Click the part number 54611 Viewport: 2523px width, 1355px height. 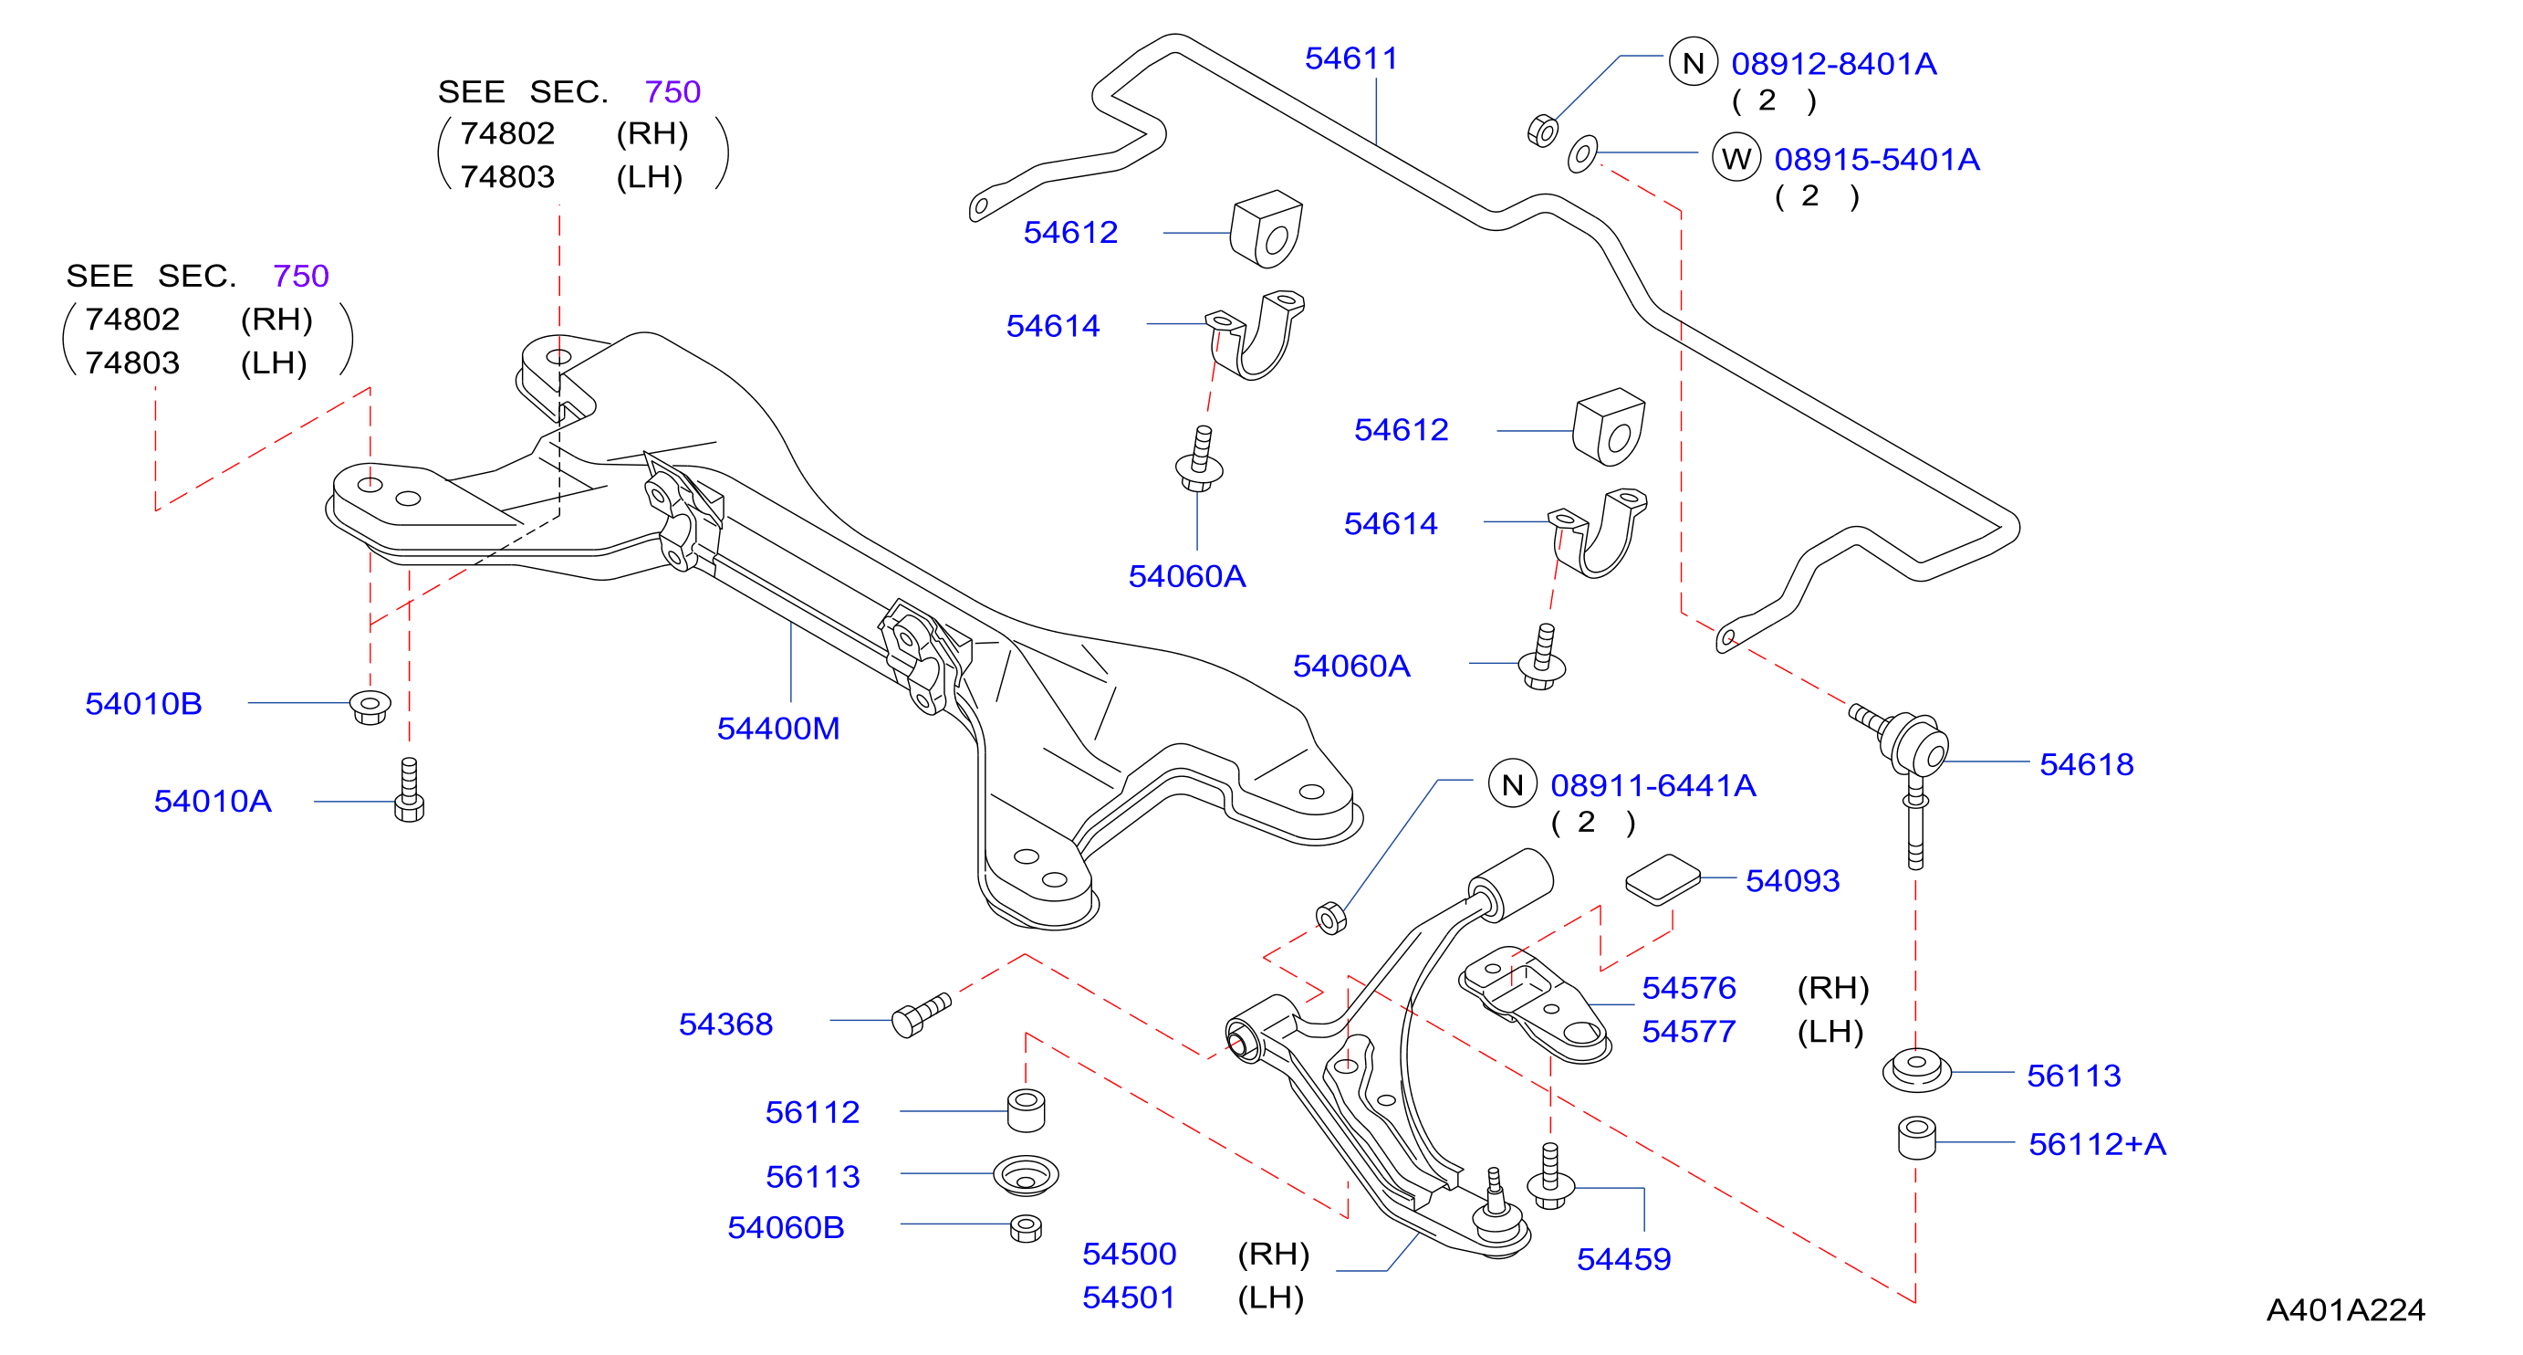[x=1350, y=58]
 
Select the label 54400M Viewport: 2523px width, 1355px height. [x=778, y=729]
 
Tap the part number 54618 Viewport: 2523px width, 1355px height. [x=2086, y=764]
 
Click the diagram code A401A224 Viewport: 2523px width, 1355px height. [x=2346, y=1310]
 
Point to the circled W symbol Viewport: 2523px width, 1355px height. [x=1736, y=158]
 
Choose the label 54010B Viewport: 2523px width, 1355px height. [x=144, y=703]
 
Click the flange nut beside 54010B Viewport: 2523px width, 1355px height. [x=370, y=707]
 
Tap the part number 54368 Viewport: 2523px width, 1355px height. [x=725, y=1024]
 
